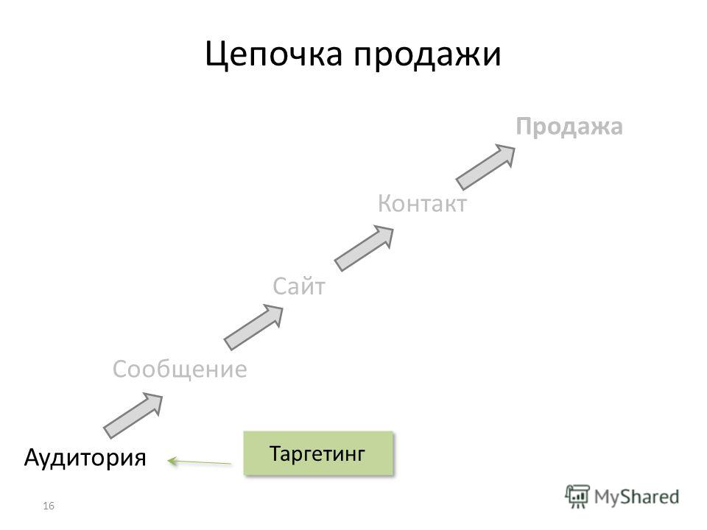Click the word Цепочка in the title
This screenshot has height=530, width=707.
tap(273, 54)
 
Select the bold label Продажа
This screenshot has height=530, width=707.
tap(569, 127)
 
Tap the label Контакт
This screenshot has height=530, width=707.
tap(422, 203)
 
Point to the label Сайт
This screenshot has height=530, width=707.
tap(299, 286)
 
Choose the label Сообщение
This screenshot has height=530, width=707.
tap(180, 370)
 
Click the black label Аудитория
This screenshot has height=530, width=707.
tap(85, 457)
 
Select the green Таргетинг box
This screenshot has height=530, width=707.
tap(318, 453)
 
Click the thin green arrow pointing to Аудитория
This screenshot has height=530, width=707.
tap(199, 462)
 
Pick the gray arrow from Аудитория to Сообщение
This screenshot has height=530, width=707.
tap(133, 415)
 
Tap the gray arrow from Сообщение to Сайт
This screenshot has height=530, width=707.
tap(254, 327)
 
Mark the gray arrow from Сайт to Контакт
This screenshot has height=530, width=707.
tap(364, 248)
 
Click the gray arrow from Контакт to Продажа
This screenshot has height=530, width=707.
tap(485, 167)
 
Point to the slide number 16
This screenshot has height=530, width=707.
tap(49, 506)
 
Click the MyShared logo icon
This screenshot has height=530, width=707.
tap(577, 497)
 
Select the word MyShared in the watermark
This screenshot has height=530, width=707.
tap(636, 497)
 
